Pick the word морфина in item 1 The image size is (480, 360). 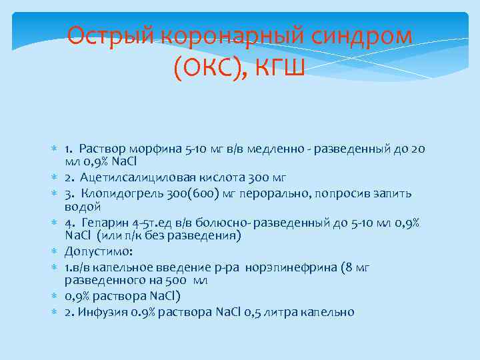coord(159,148)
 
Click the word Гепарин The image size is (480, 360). coord(103,223)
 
